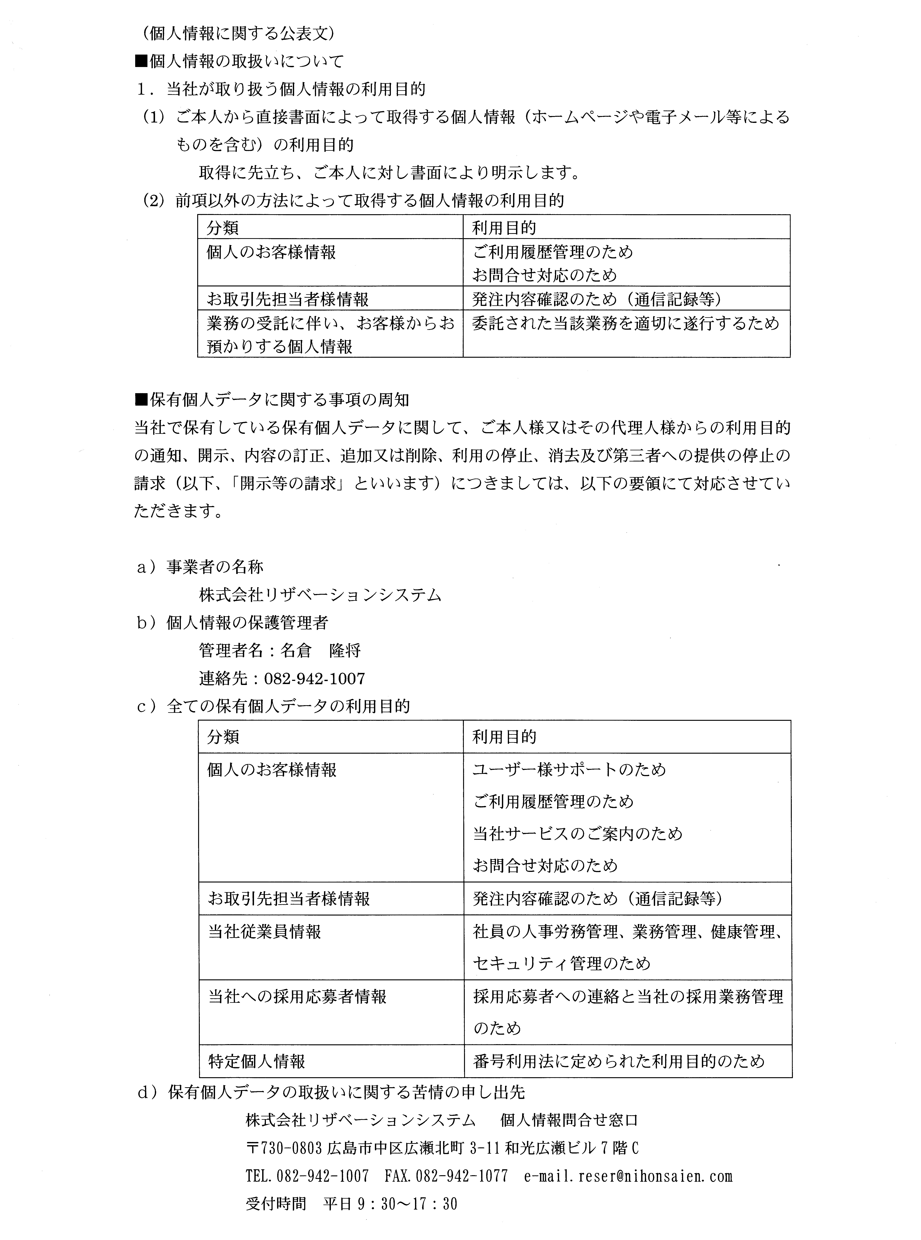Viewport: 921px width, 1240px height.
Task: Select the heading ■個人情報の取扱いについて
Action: (x=239, y=61)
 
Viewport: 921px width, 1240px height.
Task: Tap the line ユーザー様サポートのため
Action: (x=569, y=770)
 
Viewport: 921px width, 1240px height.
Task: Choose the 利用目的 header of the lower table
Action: (x=505, y=737)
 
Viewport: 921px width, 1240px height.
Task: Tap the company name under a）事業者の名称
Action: (x=320, y=595)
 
